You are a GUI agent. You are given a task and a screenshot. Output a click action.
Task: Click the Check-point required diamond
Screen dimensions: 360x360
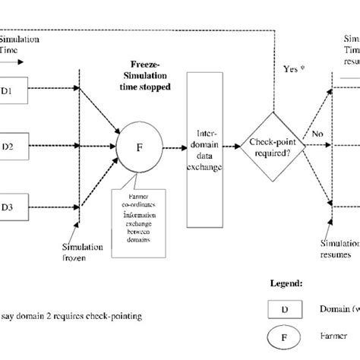(272, 141)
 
